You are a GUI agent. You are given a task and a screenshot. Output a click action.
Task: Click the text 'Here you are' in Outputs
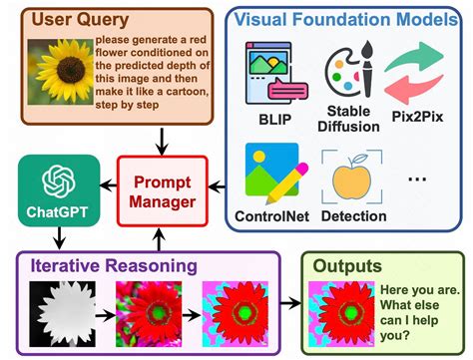point(414,290)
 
